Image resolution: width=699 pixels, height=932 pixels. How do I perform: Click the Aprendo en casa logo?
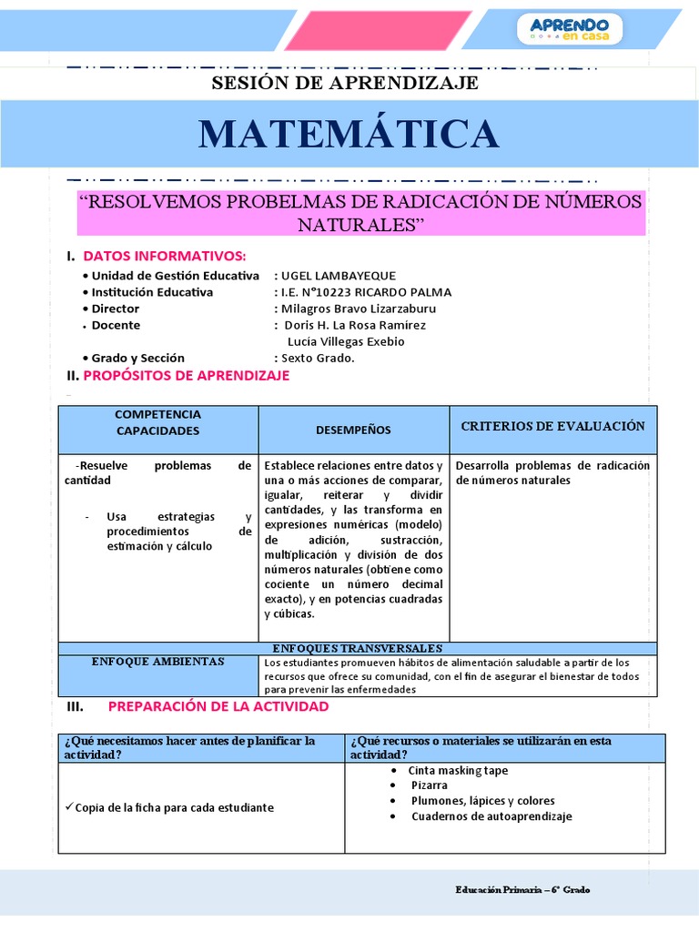pos(576,28)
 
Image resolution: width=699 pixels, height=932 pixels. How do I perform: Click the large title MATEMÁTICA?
pos(349,134)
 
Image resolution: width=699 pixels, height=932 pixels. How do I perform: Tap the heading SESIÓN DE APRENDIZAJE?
pos(345,83)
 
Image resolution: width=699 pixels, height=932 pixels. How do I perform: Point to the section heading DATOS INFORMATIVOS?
pos(164,256)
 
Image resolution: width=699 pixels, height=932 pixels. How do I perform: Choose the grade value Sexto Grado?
pos(318,358)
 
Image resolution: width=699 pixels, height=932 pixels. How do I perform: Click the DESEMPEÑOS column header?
pos(353,430)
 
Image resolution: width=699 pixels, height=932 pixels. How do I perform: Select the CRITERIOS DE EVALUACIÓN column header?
pos(552,426)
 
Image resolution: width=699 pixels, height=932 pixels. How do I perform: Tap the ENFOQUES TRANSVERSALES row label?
pos(357,648)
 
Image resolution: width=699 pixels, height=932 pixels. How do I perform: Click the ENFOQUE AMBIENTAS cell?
pos(157,662)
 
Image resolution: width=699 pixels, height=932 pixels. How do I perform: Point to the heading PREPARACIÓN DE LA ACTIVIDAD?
pos(218,706)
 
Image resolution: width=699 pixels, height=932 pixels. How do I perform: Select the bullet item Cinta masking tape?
pos(458,771)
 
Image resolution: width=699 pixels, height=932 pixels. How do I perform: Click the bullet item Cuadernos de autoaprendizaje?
pos(491,816)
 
